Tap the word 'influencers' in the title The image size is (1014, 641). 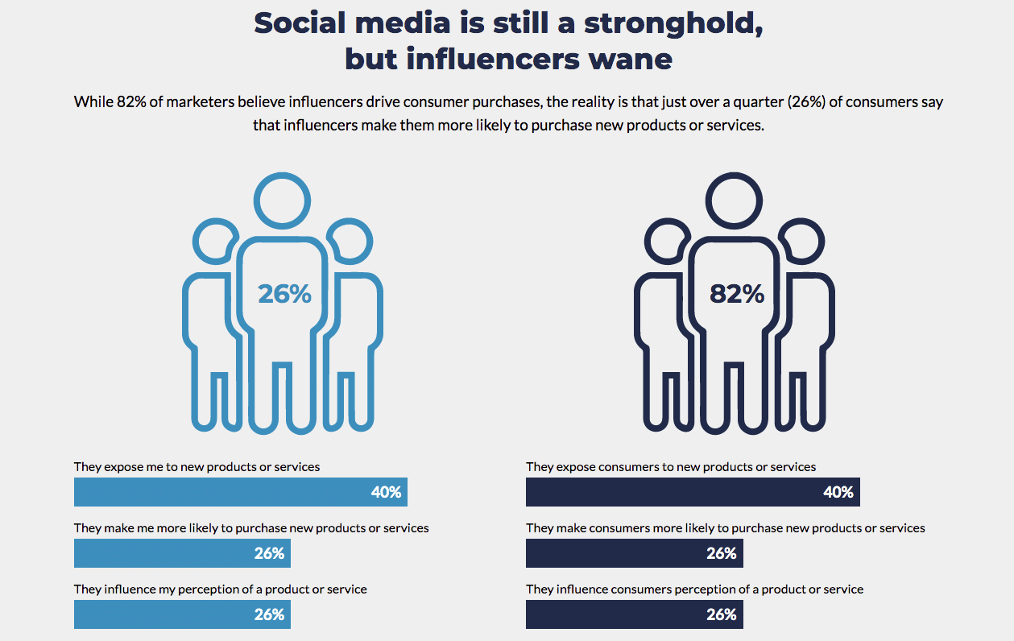[499, 59]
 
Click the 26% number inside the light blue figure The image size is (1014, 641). [284, 295]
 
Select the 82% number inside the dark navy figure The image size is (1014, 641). [736, 295]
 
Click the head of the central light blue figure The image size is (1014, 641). [283, 198]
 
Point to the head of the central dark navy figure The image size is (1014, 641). [735, 198]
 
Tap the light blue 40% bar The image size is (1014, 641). [240, 492]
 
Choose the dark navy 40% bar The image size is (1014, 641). [693, 492]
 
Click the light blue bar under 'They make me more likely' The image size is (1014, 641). [182, 553]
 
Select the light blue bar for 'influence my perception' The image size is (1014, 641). [182, 614]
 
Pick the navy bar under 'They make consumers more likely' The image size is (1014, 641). [634, 553]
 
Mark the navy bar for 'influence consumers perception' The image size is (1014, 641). [634, 614]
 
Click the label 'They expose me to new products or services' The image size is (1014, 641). [197, 467]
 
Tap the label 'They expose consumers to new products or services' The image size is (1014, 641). [671, 467]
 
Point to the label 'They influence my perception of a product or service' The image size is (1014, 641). [220, 589]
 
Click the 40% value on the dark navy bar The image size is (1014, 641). [838, 492]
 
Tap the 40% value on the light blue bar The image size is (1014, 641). [386, 492]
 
